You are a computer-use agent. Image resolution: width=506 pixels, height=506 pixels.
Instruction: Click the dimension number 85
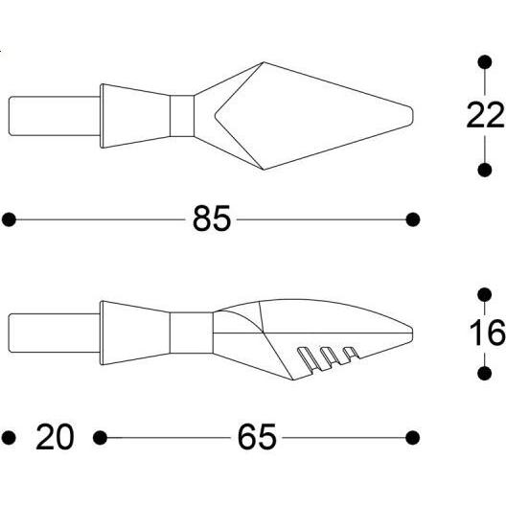point(212,218)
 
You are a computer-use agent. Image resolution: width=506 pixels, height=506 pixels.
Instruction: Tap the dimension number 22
point(486,115)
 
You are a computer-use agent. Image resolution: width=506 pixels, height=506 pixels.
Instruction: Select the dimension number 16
point(487,332)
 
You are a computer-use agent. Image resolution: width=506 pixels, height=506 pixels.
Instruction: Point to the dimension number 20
point(55,437)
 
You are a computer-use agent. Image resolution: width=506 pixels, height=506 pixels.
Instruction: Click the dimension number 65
point(257,437)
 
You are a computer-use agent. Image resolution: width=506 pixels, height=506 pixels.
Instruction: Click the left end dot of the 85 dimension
point(9,219)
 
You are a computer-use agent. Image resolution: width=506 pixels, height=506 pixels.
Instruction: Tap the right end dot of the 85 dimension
point(412,219)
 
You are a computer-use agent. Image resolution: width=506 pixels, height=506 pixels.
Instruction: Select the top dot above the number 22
point(484,62)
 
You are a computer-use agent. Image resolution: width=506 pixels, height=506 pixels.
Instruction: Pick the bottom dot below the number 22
point(484,170)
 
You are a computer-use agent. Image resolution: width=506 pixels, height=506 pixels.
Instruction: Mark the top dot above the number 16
point(484,295)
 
